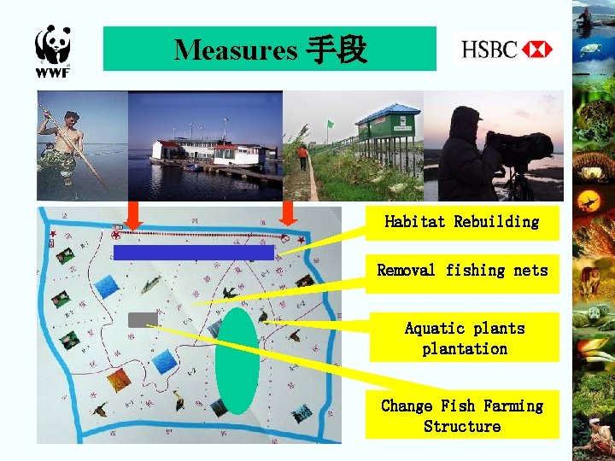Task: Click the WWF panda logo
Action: click(52, 50)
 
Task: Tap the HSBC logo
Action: click(507, 50)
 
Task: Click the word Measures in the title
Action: click(235, 50)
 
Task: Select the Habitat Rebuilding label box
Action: click(462, 222)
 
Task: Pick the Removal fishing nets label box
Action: click(462, 271)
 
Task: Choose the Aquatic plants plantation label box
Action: click(464, 338)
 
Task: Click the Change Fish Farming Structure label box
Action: click(462, 416)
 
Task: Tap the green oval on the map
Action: click(237, 359)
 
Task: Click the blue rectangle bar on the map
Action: click(193, 252)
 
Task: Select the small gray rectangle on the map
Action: click(142, 320)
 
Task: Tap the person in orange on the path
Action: click(302, 156)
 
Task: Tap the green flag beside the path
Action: click(329, 125)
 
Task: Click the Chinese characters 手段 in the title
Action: click(335, 50)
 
